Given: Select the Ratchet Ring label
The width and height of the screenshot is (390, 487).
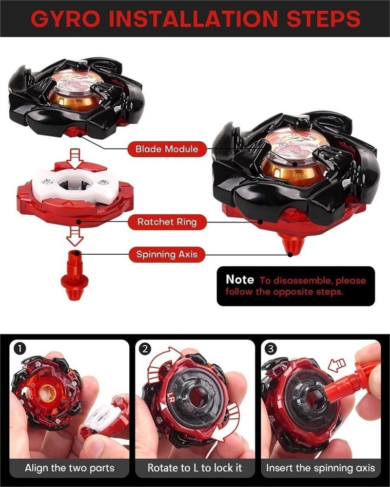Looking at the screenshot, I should tap(167, 222).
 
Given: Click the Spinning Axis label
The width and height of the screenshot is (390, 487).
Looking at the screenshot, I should tap(167, 254).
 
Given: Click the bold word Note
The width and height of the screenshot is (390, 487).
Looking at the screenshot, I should tap(239, 280).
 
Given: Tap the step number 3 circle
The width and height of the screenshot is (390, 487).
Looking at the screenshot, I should tap(272, 349).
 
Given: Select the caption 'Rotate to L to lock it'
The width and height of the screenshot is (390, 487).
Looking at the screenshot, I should tap(195, 468).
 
